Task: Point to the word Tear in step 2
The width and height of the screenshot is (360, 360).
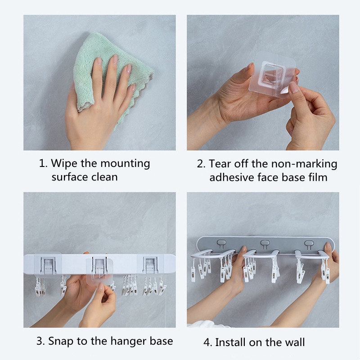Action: click(220, 164)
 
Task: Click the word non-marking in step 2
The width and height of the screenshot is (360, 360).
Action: click(304, 164)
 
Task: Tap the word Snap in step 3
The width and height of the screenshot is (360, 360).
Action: click(61, 342)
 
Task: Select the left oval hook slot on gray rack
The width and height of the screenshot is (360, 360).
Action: click(221, 243)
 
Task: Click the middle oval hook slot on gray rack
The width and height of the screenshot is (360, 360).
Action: click(265, 243)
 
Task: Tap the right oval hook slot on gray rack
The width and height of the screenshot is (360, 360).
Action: click(309, 243)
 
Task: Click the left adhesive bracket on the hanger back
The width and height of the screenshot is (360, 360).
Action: click(48, 264)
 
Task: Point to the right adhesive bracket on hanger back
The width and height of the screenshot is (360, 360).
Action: click(150, 265)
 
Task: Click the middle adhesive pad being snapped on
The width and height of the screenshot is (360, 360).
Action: click(99, 270)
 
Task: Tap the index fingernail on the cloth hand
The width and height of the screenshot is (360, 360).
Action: click(99, 61)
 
